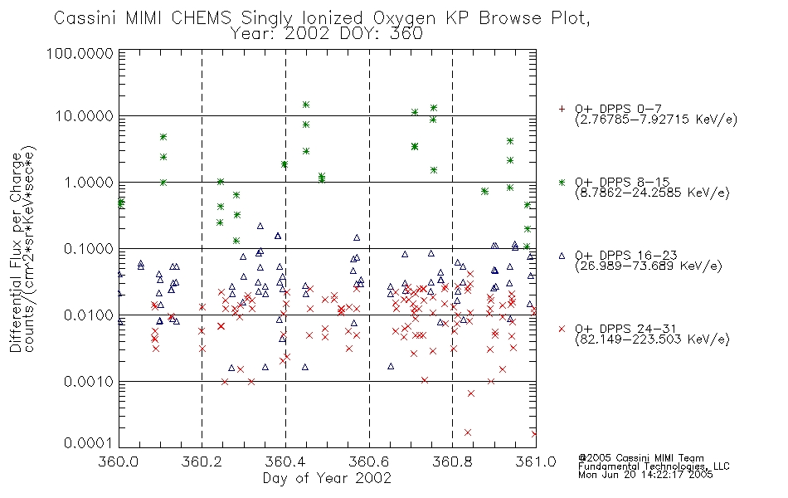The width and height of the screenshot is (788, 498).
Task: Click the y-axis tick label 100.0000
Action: pos(80,53)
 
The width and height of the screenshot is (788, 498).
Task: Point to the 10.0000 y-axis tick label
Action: pos(85,116)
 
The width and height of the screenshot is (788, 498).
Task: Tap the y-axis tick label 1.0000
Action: pos(89,182)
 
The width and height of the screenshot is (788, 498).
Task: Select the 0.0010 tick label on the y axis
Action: pos(89,382)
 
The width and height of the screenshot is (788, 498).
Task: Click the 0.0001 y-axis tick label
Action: pos(89,443)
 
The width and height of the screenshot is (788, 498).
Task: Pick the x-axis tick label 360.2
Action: pos(202,461)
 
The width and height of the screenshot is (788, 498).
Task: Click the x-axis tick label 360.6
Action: pos(369,461)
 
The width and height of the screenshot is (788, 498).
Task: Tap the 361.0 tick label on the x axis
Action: pos(536,461)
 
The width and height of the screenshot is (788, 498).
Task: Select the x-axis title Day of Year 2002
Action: pos(327,478)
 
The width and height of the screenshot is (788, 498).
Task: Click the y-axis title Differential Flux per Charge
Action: pos(16,252)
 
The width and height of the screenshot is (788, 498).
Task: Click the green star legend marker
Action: pos(562,182)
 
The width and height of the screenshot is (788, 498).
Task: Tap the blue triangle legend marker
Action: pos(562,256)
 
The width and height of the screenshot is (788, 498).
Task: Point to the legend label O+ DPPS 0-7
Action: pos(618,109)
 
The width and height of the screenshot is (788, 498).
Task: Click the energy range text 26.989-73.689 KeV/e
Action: pos(649,266)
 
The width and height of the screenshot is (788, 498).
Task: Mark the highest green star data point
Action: pos(305,105)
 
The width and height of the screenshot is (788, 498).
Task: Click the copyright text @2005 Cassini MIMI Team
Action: pos(640,458)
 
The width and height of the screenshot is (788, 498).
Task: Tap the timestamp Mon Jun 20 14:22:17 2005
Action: pos(645,475)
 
